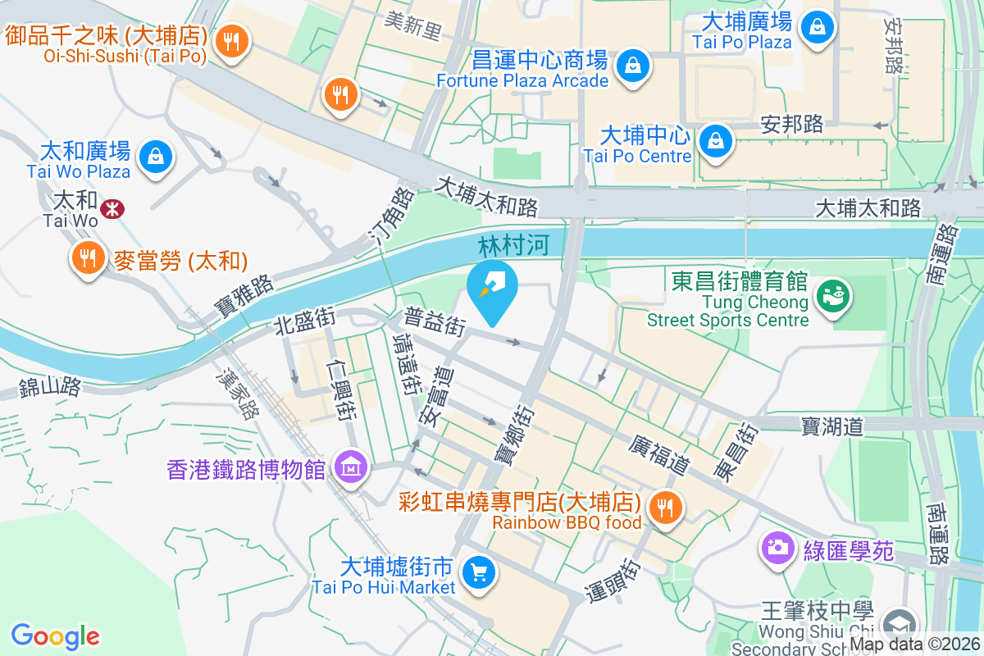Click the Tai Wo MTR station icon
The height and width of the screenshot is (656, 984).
click(112, 210)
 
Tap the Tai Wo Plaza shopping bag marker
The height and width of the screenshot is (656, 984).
click(154, 156)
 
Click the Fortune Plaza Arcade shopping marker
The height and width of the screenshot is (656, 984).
click(633, 65)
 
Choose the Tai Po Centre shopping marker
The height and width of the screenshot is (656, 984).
click(716, 140)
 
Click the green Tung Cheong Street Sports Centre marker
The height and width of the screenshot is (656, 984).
click(834, 294)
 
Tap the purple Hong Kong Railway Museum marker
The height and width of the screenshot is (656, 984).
click(351, 467)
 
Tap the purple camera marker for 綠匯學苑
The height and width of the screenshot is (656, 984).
click(776, 547)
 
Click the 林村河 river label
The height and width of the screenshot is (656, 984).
click(512, 245)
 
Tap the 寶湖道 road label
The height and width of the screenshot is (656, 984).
click(832, 426)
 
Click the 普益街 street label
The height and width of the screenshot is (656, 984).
click(435, 322)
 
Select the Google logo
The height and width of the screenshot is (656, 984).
click(56, 635)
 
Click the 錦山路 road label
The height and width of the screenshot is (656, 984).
click(51, 386)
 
